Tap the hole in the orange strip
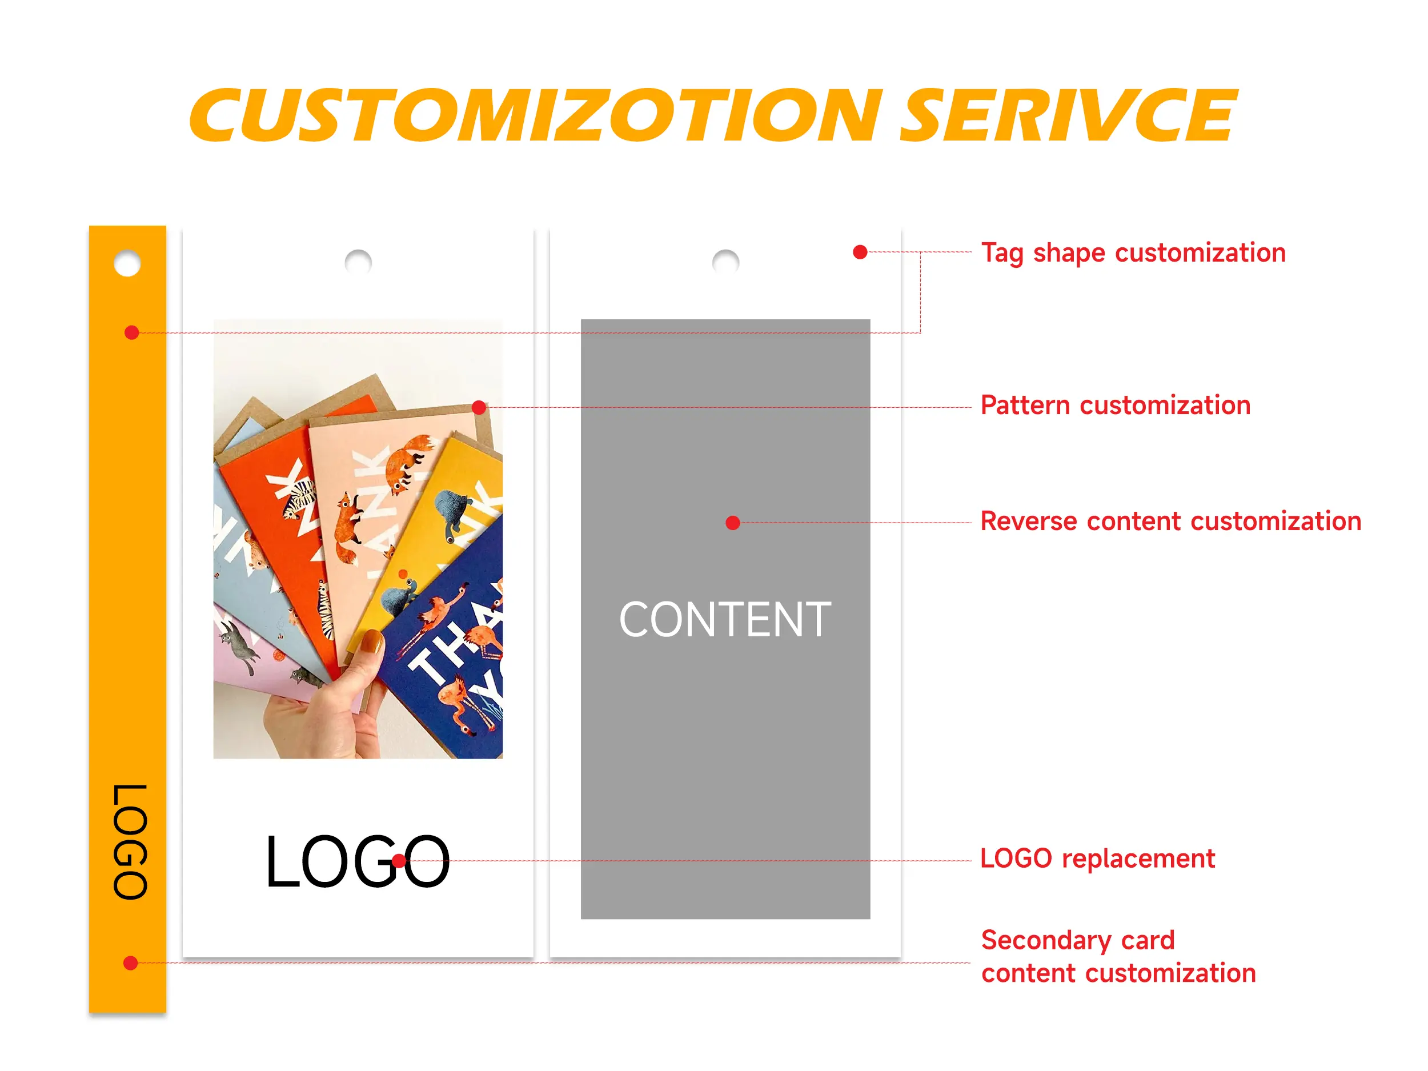pyautogui.click(x=127, y=263)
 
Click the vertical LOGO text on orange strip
pyautogui.click(x=130, y=842)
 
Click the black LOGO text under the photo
pyautogui.click(x=358, y=861)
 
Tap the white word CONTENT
pyautogui.click(x=725, y=620)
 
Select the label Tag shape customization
pyautogui.click(x=1134, y=253)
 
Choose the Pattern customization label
pyautogui.click(x=1116, y=406)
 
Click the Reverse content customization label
pyautogui.click(x=1171, y=521)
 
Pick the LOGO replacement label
pyautogui.click(x=1098, y=859)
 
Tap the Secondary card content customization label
pyautogui.click(x=1119, y=957)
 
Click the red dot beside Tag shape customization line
pyautogui.click(x=860, y=252)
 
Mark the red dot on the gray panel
pyautogui.click(x=733, y=523)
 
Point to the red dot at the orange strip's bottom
pyautogui.click(x=130, y=963)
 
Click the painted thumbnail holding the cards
pyautogui.click(x=372, y=641)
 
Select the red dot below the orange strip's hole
pyautogui.click(x=132, y=332)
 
